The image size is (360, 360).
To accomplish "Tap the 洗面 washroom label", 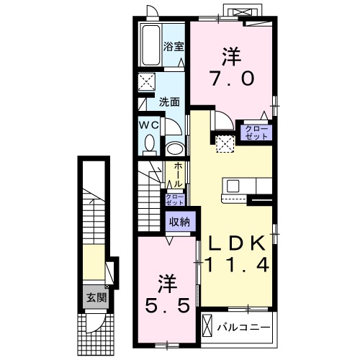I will pyautogui.click(x=169, y=102).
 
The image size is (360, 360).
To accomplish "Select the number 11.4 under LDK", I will pyautogui.click(x=238, y=265).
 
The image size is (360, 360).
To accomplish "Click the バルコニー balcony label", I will pyautogui.click(x=244, y=328).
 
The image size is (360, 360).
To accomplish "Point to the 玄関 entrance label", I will pyautogui.click(x=94, y=297).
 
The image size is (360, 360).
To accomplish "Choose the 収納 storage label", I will pyautogui.click(x=179, y=222).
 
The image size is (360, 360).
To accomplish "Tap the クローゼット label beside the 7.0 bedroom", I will pyautogui.click(x=256, y=132).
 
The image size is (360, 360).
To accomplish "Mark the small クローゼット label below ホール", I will pyautogui.click(x=175, y=199).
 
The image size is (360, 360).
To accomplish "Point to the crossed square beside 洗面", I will pyautogui.click(x=147, y=81).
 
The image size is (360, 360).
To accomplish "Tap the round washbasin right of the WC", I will pyautogui.click(x=174, y=148).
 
